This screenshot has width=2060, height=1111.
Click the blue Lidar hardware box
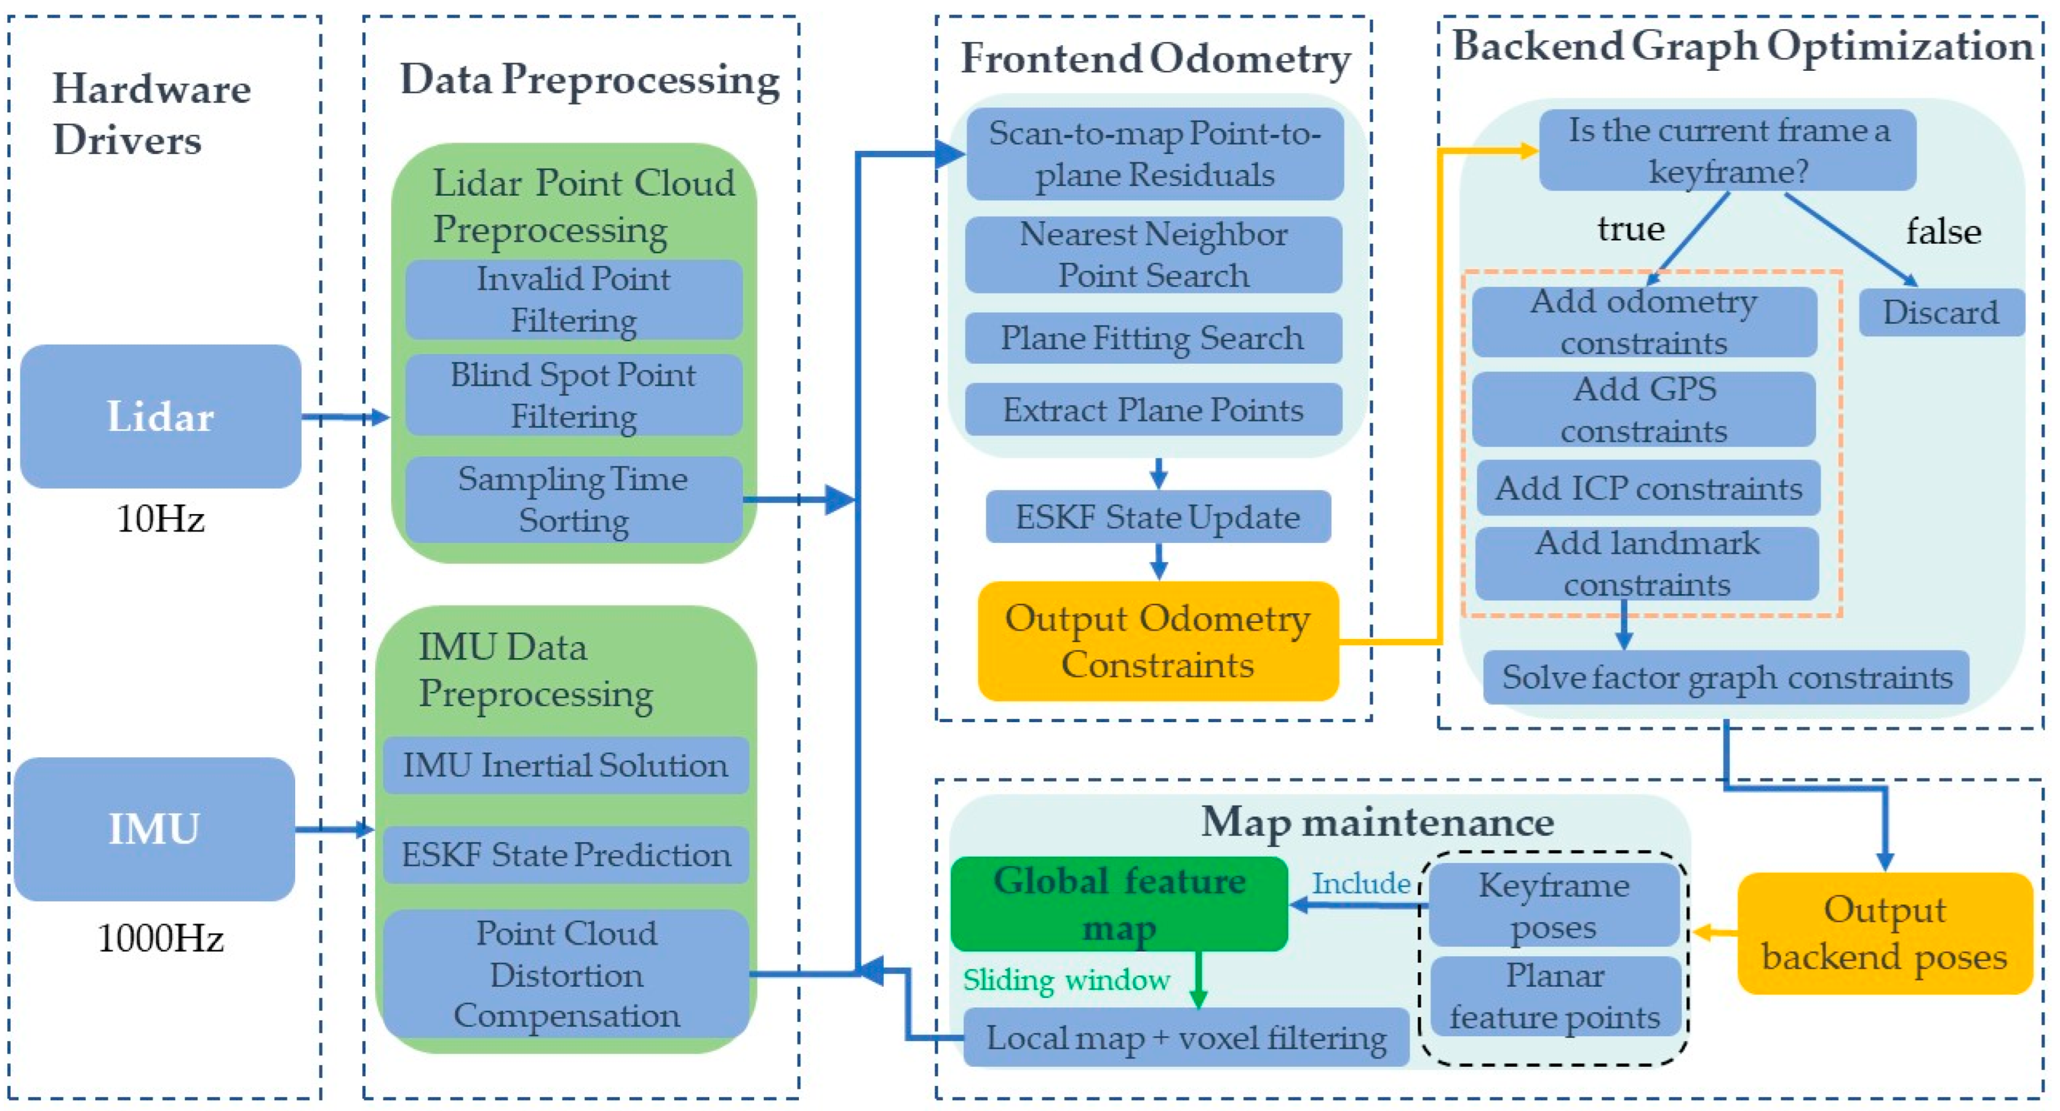tap(160, 416)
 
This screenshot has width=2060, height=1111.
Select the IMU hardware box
tap(154, 829)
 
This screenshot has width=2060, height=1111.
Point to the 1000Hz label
tap(160, 938)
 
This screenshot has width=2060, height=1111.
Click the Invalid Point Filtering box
tap(573, 299)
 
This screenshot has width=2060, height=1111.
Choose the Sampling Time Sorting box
tap(573, 499)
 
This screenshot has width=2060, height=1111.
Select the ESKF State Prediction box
tap(565, 854)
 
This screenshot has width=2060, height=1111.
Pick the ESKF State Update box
tap(1157, 517)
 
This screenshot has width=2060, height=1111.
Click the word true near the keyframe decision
tap(1631, 229)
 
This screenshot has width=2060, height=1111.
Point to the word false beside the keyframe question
tap(1943, 232)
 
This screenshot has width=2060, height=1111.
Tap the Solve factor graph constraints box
tap(1726, 677)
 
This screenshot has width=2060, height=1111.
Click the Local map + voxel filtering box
tap(1185, 1037)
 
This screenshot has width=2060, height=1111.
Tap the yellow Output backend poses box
tap(1884, 932)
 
